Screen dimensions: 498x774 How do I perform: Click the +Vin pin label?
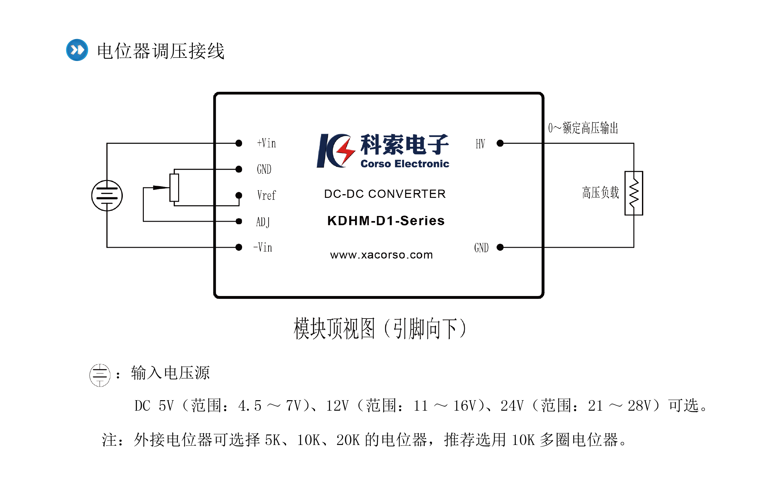pyautogui.click(x=266, y=143)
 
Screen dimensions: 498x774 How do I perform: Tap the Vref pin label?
pyautogui.click(x=266, y=195)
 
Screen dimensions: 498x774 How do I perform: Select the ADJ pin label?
pyautogui.click(x=263, y=222)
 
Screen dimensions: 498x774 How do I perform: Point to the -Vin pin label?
pyautogui.click(x=263, y=247)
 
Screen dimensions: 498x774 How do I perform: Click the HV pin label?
pyautogui.click(x=480, y=144)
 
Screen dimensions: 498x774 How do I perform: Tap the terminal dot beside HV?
pyautogui.click(x=500, y=143)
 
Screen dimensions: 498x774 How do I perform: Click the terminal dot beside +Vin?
pyautogui.click(x=239, y=143)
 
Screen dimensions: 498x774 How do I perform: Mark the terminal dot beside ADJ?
pyautogui.click(x=239, y=221)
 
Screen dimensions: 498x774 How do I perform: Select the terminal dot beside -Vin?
pyautogui.click(x=239, y=247)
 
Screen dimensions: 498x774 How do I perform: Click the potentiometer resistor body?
pyautogui.click(x=174, y=188)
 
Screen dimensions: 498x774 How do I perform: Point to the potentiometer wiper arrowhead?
pyautogui.click(x=161, y=187)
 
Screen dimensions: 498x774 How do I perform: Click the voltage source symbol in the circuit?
pyautogui.click(x=107, y=196)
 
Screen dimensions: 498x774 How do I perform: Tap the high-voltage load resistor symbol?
pyautogui.click(x=634, y=193)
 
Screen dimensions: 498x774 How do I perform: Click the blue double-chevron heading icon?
pyautogui.click(x=77, y=50)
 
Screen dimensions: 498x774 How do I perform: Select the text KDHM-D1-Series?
pyautogui.click(x=386, y=220)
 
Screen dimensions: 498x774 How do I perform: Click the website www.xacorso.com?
pyautogui.click(x=381, y=255)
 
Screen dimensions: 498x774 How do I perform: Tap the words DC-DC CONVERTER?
pyautogui.click(x=385, y=194)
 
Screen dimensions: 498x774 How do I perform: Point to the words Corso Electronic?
pyautogui.click(x=405, y=164)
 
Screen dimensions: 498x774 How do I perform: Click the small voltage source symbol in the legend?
pyautogui.click(x=100, y=375)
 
